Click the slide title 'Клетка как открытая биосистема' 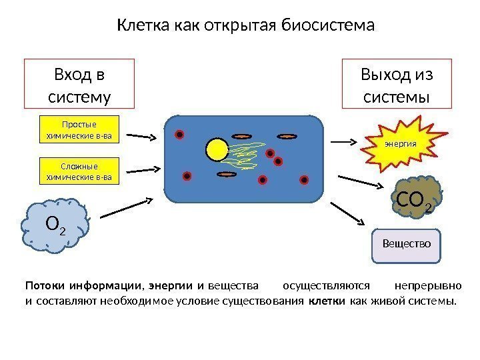[246, 26]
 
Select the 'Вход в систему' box [79, 84]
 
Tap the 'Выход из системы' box [397, 84]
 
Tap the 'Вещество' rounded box [406, 244]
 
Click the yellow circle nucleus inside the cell [217, 150]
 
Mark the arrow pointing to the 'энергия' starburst [345, 142]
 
